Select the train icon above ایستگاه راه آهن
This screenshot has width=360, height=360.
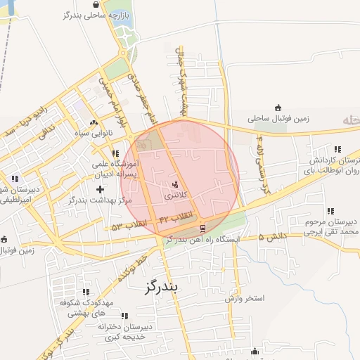pyautogui.click(x=203, y=229)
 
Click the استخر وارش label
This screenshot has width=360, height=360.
pyautogui.click(x=244, y=298)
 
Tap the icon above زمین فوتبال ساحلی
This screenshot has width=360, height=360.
pyautogui.click(x=278, y=108)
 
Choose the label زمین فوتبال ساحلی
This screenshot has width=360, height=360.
pyautogui.click(x=281, y=120)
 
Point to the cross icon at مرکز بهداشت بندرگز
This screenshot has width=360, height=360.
pyautogui.click(x=100, y=189)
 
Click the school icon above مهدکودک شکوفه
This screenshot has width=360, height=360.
pyautogui.click(x=85, y=292)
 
